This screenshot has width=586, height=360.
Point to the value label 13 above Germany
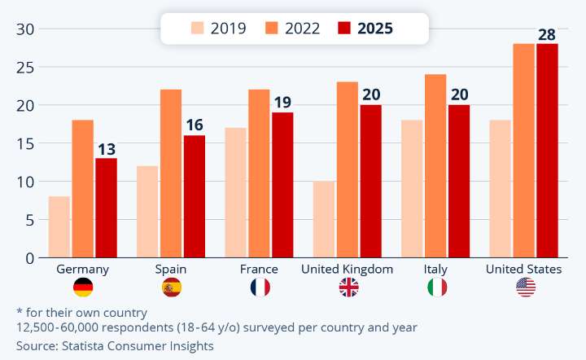(x=107, y=149)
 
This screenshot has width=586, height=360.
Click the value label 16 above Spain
(x=195, y=125)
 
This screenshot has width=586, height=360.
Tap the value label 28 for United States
(x=547, y=34)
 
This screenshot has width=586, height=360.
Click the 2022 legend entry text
(x=303, y=29)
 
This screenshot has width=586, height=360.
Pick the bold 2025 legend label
(x=374, y=29)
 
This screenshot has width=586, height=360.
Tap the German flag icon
(x=83, y=287)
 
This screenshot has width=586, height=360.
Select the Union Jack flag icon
(x=348, y=287)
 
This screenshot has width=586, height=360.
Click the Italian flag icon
(x=437, y=287)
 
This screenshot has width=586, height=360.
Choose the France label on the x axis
(x=259, y=269)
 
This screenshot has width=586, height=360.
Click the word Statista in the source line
(x=87, y=345)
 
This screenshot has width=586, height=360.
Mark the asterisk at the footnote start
(x=20, y=311)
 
